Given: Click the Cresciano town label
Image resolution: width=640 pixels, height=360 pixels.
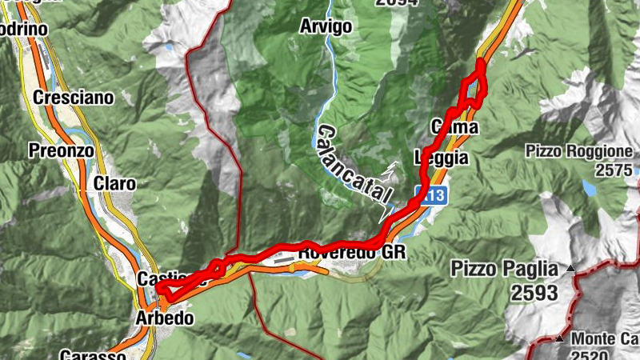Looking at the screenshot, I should point(74,98).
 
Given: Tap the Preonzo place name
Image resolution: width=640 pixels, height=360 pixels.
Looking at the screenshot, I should point(61,150).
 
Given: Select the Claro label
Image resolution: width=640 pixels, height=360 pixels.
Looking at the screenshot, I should point(114,183).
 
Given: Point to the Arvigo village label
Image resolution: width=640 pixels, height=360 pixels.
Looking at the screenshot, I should point(326,26).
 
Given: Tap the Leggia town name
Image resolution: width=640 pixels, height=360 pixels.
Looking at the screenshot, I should point(441,158).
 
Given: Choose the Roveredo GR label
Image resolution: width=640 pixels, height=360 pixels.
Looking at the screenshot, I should point(352,253).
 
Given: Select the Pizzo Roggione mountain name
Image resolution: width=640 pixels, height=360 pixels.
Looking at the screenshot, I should point(580,151).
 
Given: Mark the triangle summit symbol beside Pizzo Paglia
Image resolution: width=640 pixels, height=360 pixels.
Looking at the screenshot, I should point(570,268).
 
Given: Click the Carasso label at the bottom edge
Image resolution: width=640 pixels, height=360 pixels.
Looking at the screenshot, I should point(93,354).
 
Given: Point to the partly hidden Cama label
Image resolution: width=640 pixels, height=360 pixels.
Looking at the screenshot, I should point(455,127).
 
